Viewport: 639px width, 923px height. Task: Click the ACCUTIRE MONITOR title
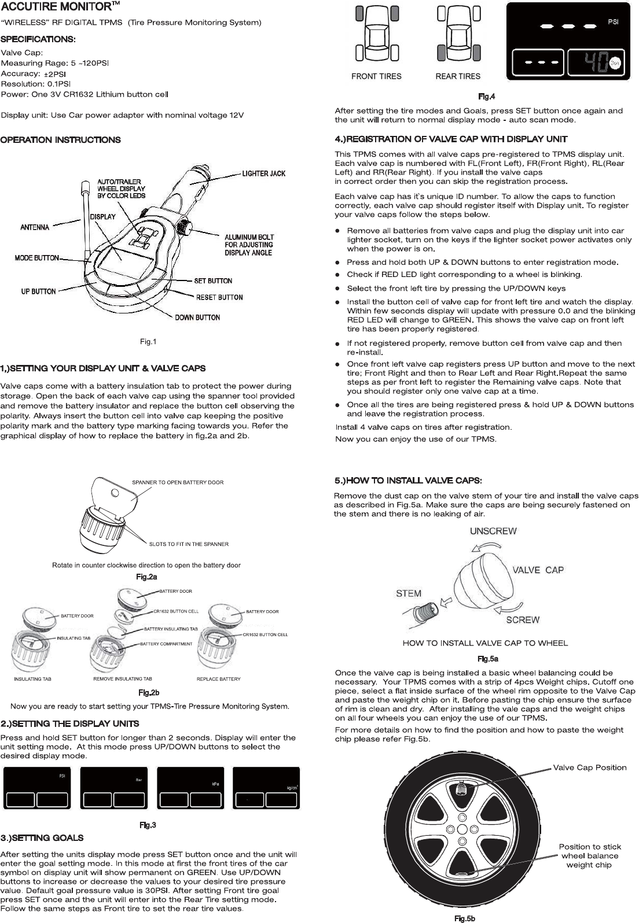(x=57, y=8)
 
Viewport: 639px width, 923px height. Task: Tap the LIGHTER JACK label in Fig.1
(x=263, y=173)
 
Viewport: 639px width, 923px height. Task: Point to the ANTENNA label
(x=35, y=227)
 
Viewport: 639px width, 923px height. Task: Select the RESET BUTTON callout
(x=219, y=297)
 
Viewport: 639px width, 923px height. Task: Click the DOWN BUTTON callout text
(x=197, y=317)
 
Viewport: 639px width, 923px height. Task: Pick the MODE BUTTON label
(x=36, y=257)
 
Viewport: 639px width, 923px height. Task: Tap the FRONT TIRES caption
(x=376, y=76)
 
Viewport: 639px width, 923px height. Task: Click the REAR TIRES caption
(x=458, y=76)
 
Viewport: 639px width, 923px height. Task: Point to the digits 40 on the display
(x=593, y=61)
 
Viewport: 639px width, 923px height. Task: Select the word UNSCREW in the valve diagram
(x=493, y=531)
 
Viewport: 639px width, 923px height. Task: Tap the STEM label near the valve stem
(x=409, y=593)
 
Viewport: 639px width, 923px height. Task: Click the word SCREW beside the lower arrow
(x=523, y=620)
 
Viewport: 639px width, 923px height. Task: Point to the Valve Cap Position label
(x=590, y=767)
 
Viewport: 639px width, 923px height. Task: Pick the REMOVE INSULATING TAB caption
(x=123, y=679)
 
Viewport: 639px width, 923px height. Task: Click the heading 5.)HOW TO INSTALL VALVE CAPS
(x=409, y=480)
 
